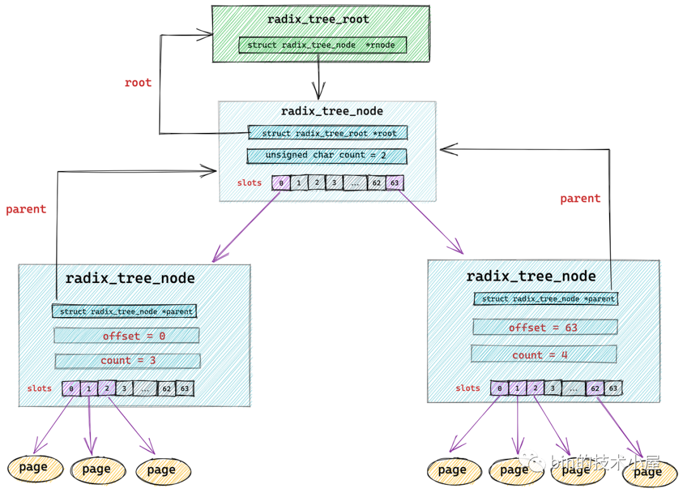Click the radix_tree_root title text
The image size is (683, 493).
(318, 19)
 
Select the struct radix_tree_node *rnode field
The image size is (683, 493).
(323, 45)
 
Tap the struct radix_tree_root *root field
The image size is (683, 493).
(328, 133)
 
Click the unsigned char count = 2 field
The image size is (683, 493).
(326, 156)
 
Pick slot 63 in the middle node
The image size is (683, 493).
(395, 184)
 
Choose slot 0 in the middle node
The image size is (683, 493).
(281, 184)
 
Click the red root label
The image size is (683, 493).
(138, 82)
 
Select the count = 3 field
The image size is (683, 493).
(128, 361)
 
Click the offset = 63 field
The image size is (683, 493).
(545, 327)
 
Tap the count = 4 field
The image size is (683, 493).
(545, 355)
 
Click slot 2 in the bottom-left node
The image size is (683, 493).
(107, 389)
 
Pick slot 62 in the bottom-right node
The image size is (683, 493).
(594, 389)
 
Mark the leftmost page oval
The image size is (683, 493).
(35, 468)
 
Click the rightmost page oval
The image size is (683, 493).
(648, 471)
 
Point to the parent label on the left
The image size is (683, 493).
(26, 209)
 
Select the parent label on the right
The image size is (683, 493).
(580, 199)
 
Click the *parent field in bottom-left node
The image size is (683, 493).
(125, 311)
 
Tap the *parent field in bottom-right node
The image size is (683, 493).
(545, 299)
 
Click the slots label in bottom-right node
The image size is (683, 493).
(467, 388)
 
